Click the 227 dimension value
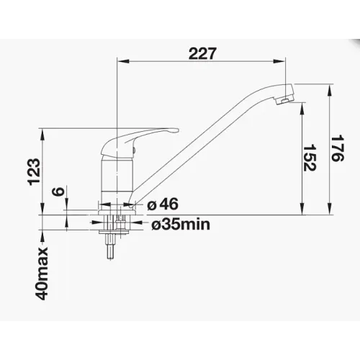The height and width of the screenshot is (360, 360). (202, 53)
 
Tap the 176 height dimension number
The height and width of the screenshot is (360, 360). (338, 148)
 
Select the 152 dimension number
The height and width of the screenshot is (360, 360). (310, 158)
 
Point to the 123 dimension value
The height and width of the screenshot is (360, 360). (34, 171)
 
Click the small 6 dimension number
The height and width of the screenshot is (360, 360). (58, 192)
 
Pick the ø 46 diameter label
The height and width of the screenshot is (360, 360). (163, 204)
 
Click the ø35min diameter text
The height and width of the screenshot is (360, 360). (181, 225)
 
